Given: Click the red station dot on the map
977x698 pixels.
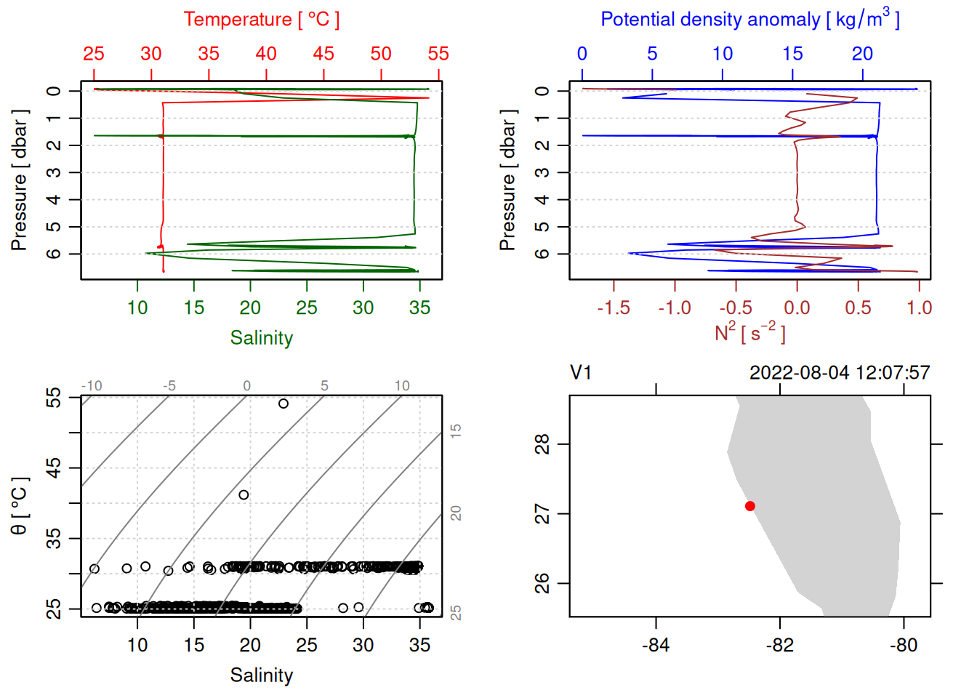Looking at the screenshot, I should pyautogui.click(x=750, y=506).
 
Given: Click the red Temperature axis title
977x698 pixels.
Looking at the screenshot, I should pyautogui.click(x=261, y=20).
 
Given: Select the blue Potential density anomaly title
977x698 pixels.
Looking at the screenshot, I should pyautogui.click(x=749, y=20).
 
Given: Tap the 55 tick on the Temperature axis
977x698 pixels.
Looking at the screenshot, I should pyautogui.click(x=438, y=54).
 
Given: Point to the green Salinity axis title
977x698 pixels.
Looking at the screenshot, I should pyautogui.click(x=261, y=338).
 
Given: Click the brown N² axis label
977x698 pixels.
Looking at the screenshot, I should pyautogui.click(x=749, y=332).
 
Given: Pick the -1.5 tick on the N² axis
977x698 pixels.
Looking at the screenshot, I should pyautogui.click(x=614, y=308).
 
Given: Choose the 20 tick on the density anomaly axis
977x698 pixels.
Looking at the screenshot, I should pyautogui.click(x=862, y=54).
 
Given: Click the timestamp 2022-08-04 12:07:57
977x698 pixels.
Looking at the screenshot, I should pyautogui.click(x=840, y=373).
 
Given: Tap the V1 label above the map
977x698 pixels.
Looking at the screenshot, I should pyautogui.click(x=581, y=373).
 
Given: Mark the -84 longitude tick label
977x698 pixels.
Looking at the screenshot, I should pyautogui.click(x=656, y=646).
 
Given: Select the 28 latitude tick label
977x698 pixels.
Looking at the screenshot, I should pyautogui.click(x=542, y=444).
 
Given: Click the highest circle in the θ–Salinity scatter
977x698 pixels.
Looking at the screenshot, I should pyautogui.click(x=284, y=404).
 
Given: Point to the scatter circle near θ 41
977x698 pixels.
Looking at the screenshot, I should pyautogui.click(x=244, y=495).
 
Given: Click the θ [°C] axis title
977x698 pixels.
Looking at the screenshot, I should pyautogui.click(x=20, y=506).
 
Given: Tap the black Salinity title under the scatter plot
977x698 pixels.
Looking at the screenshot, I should pyautogui.click(x=261, y=675).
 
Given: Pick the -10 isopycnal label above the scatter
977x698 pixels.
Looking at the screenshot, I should pyautogui.click(x=92, y=386).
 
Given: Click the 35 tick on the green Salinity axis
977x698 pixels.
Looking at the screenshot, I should pyautogui.click(x=419, y=308).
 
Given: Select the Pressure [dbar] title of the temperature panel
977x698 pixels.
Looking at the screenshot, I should pyautogui.click(x=20, y=180).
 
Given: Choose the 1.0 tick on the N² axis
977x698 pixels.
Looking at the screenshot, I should pyautogui.click(x=919, y=308).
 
